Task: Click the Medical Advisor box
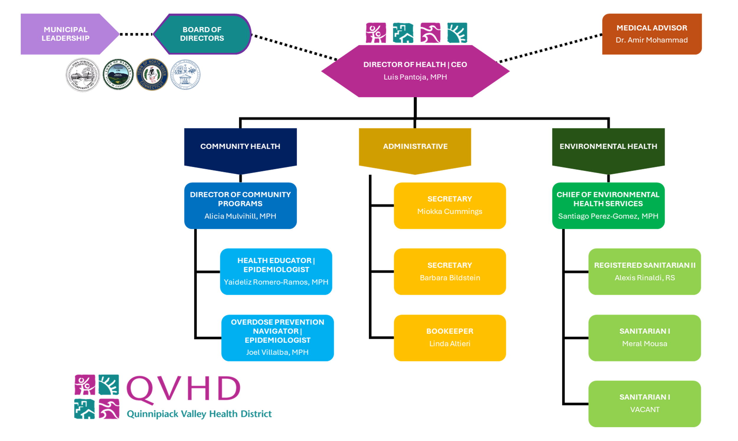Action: tap(652, 34)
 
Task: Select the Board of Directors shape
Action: tap(202, 34)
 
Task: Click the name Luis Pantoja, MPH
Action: tap(415, 77)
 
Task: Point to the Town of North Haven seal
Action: tap(152, 75)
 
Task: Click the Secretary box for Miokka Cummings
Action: tap(450, 205)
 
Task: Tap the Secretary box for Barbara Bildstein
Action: tap(450, 271)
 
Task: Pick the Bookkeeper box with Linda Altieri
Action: tap(450, 338)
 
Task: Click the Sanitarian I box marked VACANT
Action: tap(644, 404)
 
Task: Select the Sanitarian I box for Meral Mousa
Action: tap(644, 338)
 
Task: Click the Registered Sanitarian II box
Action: tap(644, 271)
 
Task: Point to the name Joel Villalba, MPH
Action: tap(277, 352)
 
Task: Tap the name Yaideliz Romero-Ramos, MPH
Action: tap(276, 282)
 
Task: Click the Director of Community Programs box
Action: tap(240, 205)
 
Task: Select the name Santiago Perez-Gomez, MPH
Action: tap(608, 216)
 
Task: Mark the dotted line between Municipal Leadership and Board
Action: tap(136, 34)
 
